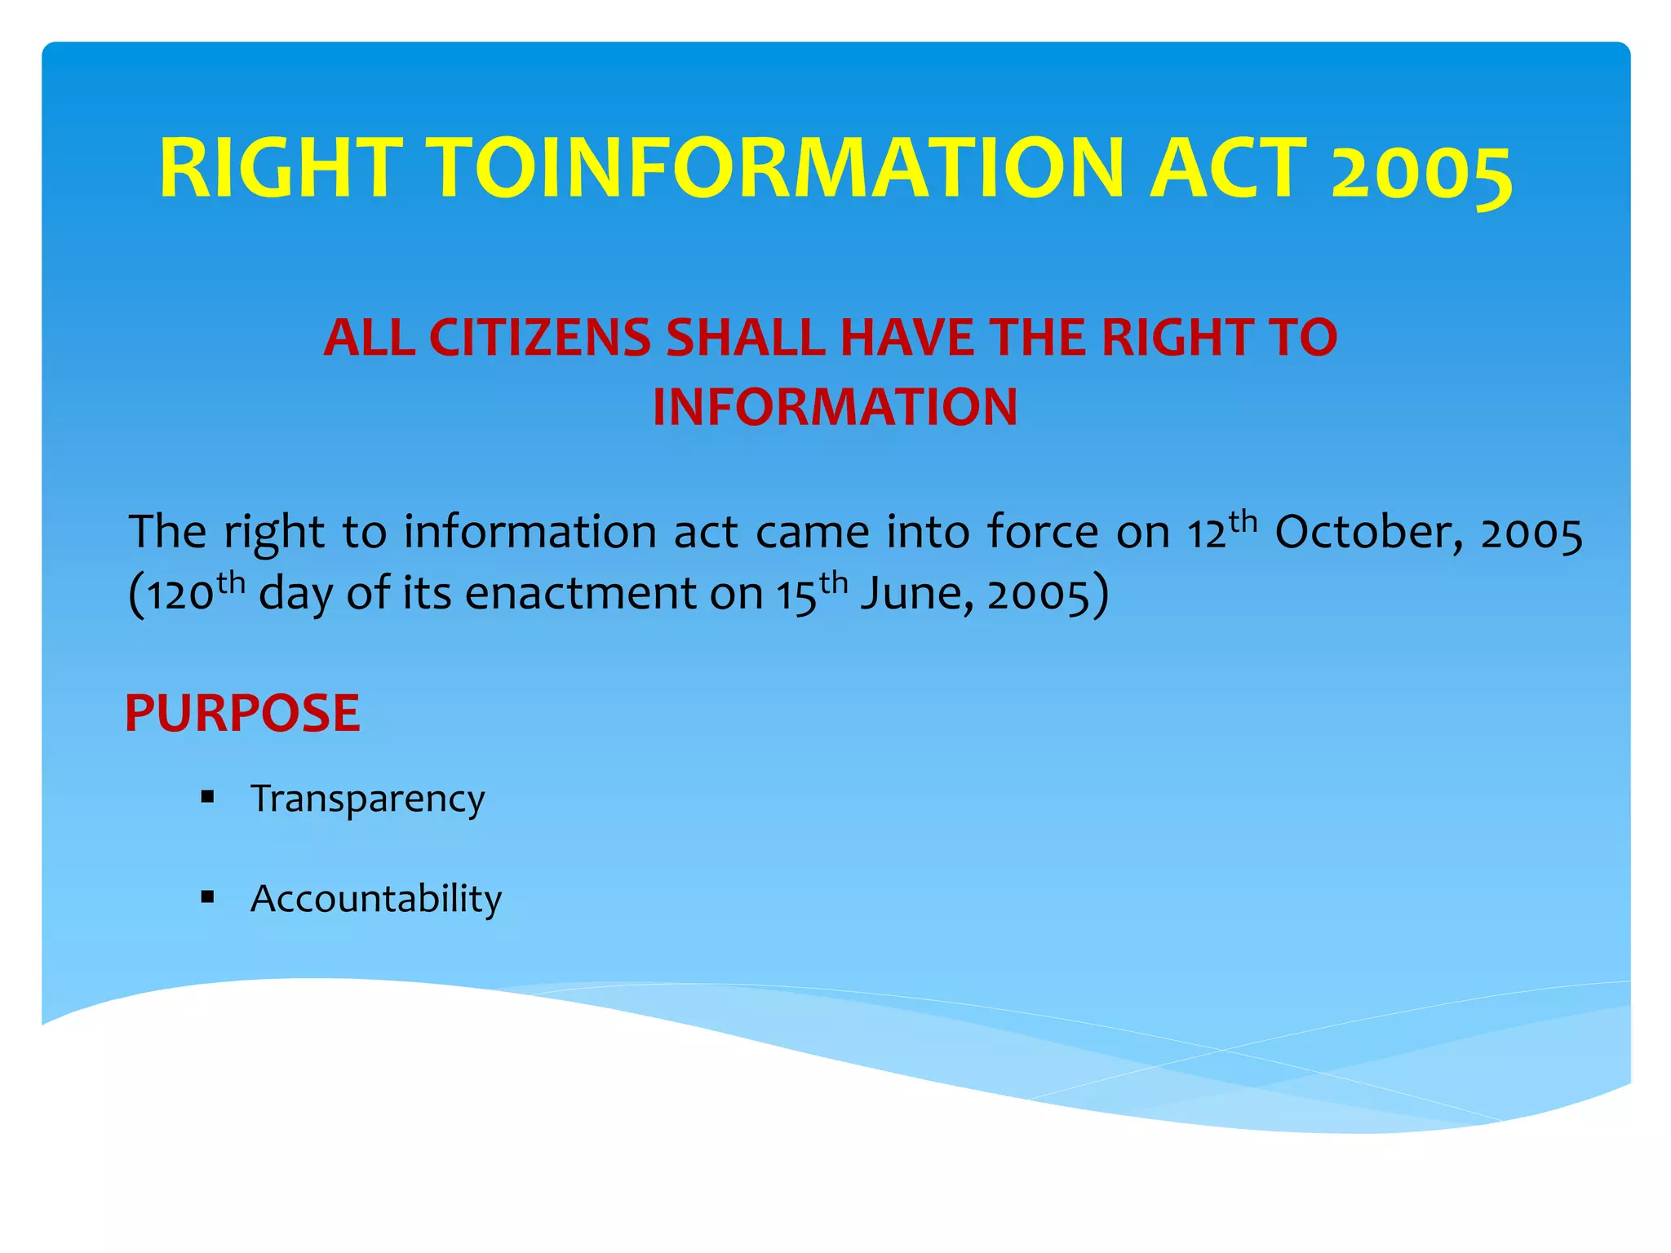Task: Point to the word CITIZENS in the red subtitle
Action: coord(539,338)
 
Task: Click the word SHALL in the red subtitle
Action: coord(750,338)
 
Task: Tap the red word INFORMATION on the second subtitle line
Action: coord(835,407)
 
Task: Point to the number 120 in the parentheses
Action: coord(180,596)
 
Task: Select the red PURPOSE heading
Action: coord(242,713)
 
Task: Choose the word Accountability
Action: coord(376,899)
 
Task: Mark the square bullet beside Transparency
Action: coord(207,797)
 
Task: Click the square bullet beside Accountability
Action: coord(207,897)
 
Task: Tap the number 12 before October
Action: coord(1207,534)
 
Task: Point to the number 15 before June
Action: coord(796,596)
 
